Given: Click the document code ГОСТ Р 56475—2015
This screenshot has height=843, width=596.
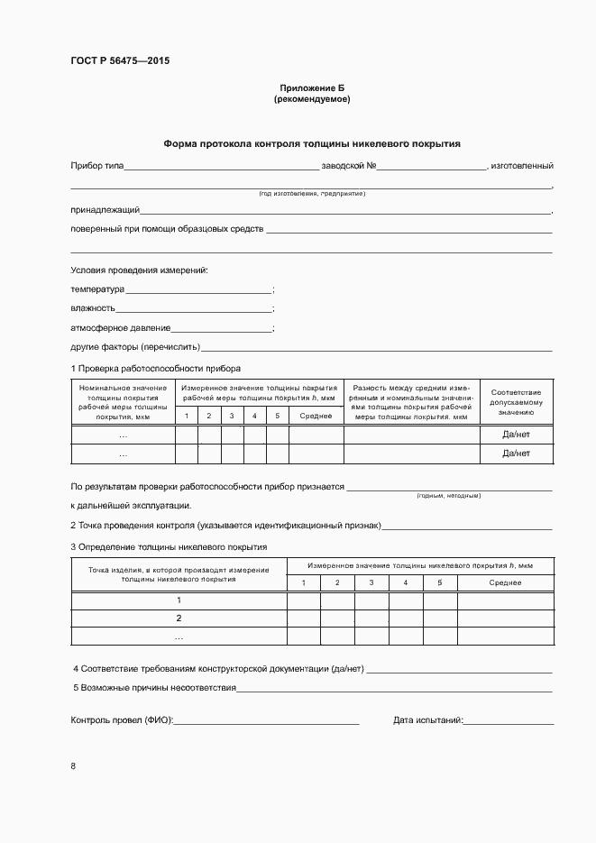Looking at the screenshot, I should click(x=119, y=61).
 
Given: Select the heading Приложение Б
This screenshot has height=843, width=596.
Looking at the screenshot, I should click(x=311, y=87).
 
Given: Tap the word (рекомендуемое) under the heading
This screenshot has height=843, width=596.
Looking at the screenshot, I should click(x=311, y=99).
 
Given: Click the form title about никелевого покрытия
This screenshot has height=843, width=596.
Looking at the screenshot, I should click(x=311, y=143).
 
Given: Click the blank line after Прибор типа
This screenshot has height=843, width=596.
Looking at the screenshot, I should click(x=221, y=167).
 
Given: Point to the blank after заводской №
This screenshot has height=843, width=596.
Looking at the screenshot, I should click(x=431, y=167).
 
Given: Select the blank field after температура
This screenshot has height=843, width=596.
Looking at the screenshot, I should click(x=198, y=290).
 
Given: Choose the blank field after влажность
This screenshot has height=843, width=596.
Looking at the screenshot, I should click(x=194, y=309).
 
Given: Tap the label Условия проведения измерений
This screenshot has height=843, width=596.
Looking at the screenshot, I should click(x=140, y=270).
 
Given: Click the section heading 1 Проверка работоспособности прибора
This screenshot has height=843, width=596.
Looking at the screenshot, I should click(x=155, y=369).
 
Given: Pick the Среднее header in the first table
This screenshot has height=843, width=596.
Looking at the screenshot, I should click(x=316, y=416).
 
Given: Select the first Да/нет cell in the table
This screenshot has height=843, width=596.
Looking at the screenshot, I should click(x=516, y=435).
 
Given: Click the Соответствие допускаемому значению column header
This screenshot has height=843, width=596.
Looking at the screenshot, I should click(x=516, y=401).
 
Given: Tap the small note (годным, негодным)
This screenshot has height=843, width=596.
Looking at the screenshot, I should click(x=448, y=496).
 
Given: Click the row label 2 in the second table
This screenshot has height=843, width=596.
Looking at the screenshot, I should click(x=179, y=619).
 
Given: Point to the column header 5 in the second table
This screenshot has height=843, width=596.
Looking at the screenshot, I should click(x=440, y=582).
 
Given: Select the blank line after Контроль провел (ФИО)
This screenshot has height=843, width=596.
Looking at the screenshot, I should click(x=266, y=721).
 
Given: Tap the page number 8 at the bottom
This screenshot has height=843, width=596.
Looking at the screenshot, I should click(x=73, y=766).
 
